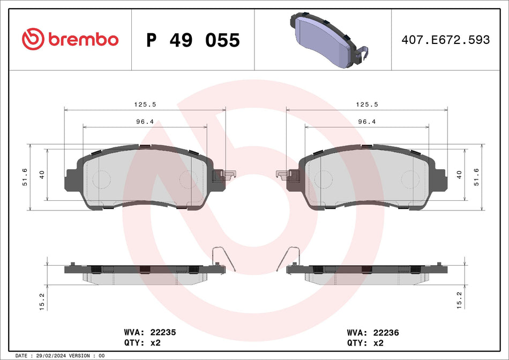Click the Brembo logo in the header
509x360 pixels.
70,39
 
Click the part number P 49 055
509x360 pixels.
193,40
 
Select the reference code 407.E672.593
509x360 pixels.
446,40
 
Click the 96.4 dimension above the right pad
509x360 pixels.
367,122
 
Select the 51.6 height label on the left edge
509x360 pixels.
25,177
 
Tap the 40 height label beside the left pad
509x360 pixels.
41,174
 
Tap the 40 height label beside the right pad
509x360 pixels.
458,174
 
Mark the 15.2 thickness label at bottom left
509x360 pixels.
41,301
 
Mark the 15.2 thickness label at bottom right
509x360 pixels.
458,301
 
